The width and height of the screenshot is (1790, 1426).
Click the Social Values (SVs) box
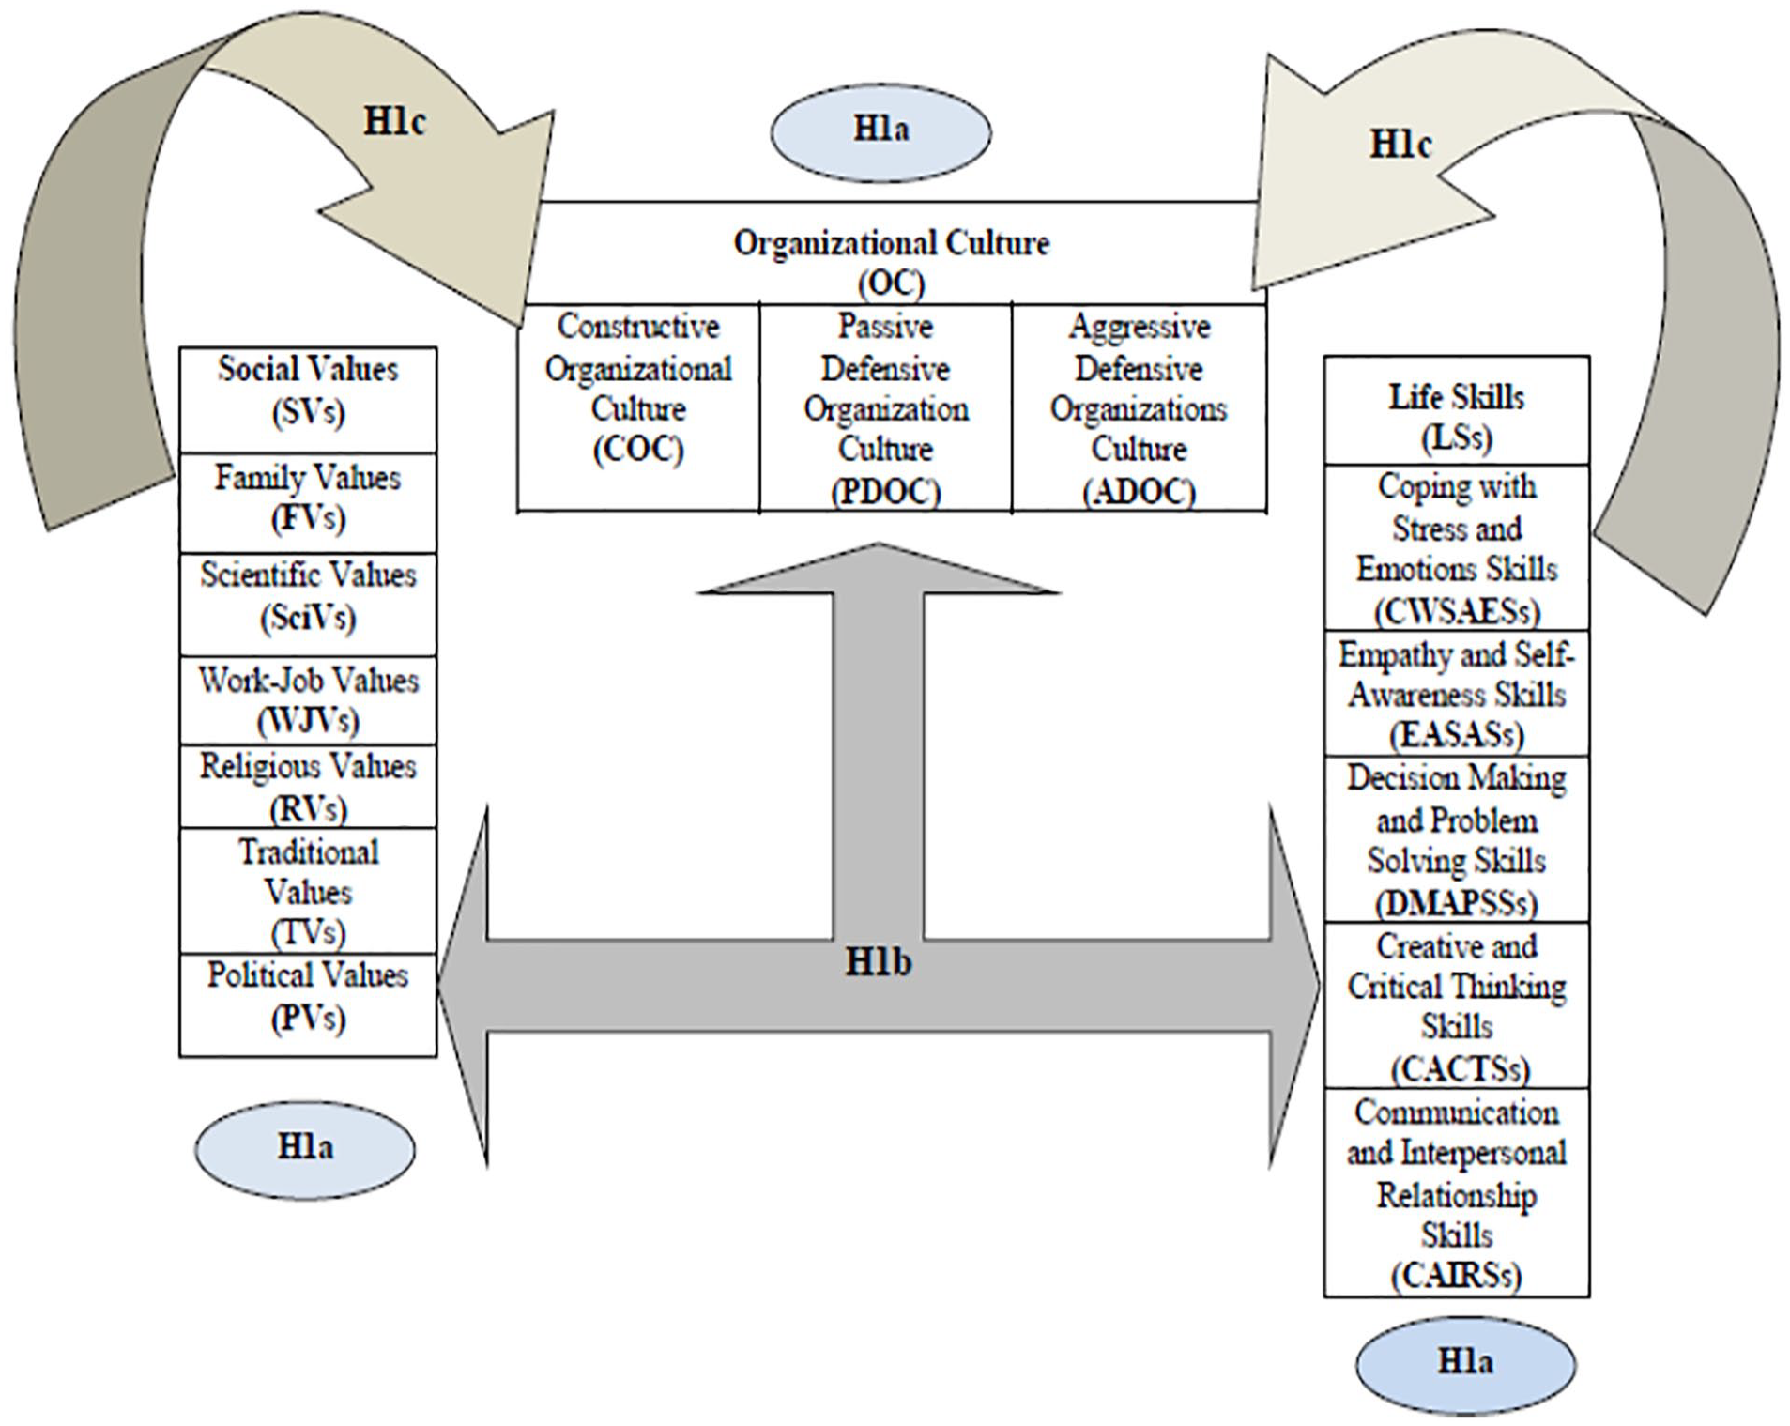click(x=308, y=400)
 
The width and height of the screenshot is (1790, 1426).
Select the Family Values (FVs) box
click(x=308, y=503)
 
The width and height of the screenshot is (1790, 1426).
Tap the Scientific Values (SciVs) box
click(x=308, y=604)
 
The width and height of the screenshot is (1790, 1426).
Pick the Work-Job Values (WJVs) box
click(x=308, y=700)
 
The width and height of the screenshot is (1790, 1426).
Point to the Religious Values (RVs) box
click(x=308, y=787)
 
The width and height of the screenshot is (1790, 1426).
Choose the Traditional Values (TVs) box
click(x=308, y=891)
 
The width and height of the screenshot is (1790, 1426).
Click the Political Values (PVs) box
click(x=308, y=1005)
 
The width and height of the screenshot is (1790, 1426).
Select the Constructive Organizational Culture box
click(x=638, y=407)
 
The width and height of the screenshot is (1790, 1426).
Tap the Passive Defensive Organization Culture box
click(x=886, y=407)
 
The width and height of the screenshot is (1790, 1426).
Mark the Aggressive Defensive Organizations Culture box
click(x=1140, y=407)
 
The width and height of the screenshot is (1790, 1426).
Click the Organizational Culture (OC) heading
click(x=891, y=261)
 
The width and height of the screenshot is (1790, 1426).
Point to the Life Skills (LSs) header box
click(x=1457, y=410)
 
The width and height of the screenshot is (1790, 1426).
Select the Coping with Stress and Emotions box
click(x=1457, y=547)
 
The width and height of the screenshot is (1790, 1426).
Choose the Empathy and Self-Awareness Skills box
click(x=1457, y=693)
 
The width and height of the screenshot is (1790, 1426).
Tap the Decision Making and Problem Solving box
click(x=1457, y=839)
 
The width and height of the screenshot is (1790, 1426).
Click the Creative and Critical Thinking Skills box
click(x=1457, y=1005)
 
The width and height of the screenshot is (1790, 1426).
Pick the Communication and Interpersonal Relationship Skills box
click(x=1457, y=1193)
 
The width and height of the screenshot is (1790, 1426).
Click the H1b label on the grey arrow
click(x=879, y=961)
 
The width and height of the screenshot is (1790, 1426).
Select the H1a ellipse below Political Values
click(x=305, y=1147)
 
